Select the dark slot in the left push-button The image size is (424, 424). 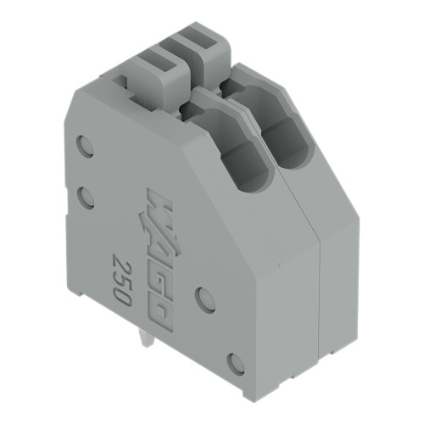(x=156, y=60)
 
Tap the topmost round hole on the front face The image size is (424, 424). (x=86, y=145)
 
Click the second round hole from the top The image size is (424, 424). (x=86, y=198)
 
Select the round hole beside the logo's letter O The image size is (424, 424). (x=205, y=298)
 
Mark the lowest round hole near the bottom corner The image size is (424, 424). (x=237, y=364)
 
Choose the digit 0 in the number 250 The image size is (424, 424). (x=122, y=295)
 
